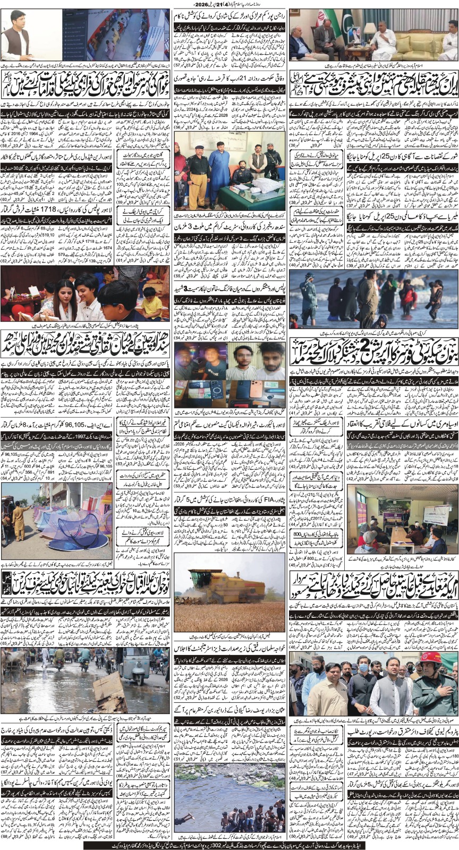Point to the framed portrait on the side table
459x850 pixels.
(x=355, y=35)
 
